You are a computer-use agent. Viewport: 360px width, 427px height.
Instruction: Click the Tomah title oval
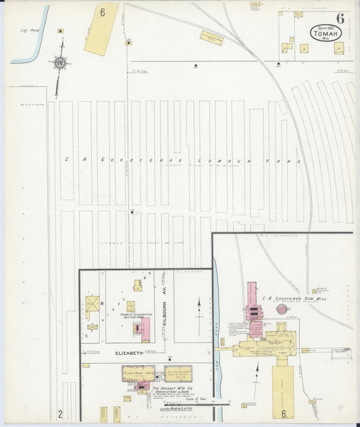click(326, 32)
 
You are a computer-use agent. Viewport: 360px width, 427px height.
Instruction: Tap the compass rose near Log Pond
click(60, 64)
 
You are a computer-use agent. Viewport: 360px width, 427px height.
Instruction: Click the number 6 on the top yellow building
click(103, 11)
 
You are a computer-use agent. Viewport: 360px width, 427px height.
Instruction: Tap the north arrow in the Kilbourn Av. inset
click(200, 310)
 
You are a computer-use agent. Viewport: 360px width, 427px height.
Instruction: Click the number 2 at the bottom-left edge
click(59, 413)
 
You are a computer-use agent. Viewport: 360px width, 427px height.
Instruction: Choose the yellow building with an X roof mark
click(93, 305)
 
